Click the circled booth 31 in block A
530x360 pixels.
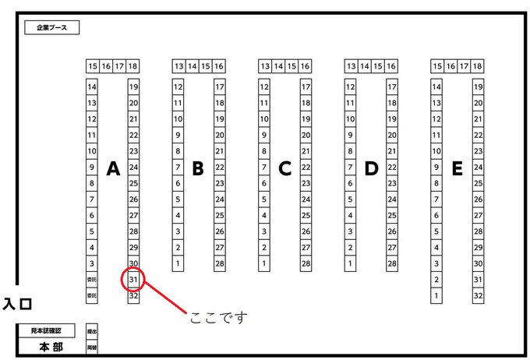coord(133,280)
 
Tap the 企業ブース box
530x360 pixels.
coord(52,28)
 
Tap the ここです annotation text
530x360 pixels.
coord(217,317)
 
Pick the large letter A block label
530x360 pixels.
coord(112,168)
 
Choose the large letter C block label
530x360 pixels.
coord(284,168)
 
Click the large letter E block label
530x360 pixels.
coord(457,168)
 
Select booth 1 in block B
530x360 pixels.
coord(178,263)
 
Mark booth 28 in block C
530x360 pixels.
coord(306,263)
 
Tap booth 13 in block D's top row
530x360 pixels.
coord(352,66)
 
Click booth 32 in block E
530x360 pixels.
coord(478,295)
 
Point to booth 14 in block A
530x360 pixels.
coord(92,86)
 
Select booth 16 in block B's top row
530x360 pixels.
coord(219,66)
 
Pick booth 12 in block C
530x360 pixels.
coord(263,86)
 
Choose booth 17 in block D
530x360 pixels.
coord(392,86)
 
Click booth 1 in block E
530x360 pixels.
coord(436,295)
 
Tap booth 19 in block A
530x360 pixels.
coord(133,86)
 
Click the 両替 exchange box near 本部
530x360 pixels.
coord(92,348)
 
